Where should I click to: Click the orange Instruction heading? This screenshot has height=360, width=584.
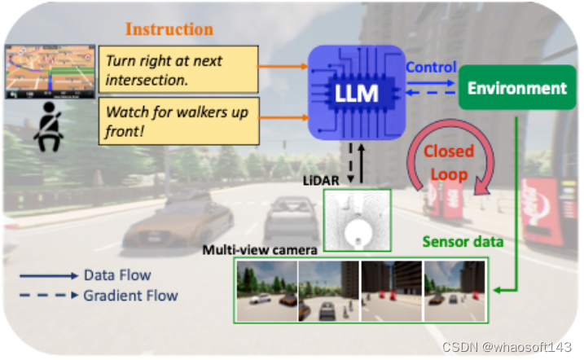click(169, 30)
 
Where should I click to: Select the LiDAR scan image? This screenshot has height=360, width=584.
click(357, 218)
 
